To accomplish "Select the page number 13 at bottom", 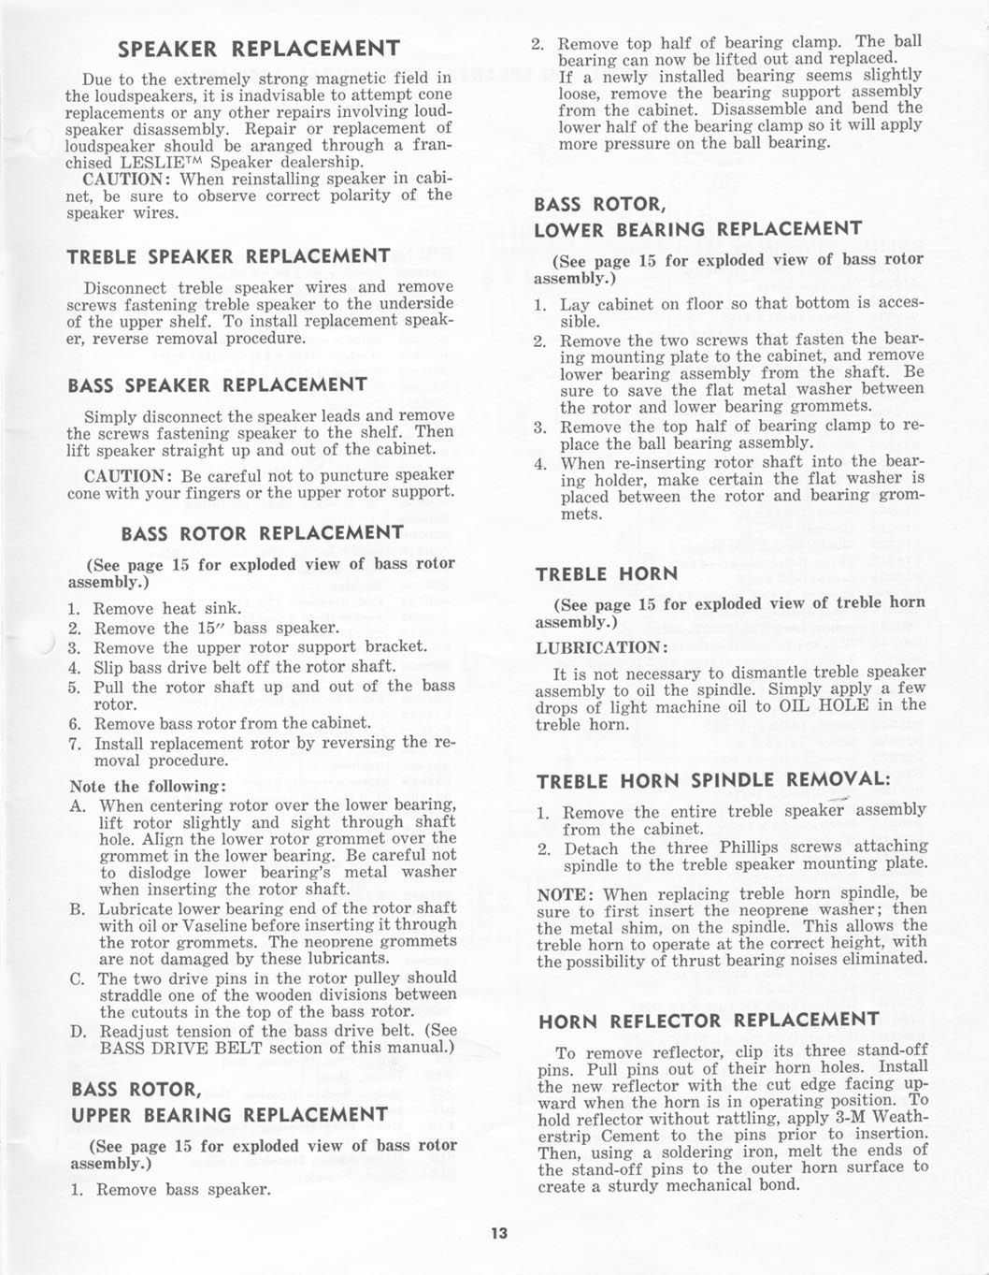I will (498, 1233).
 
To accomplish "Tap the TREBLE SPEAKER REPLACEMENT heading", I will (229, 256).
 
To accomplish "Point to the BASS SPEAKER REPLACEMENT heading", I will (218, 385).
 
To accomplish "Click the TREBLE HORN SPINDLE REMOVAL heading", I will (711, 780).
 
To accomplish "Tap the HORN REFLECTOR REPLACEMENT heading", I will (709, 1021).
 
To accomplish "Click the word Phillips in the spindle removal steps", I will (751, 848).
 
